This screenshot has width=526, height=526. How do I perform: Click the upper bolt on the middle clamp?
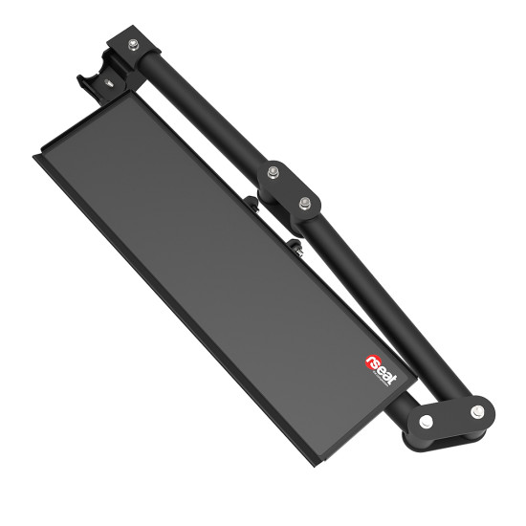pos(274,173)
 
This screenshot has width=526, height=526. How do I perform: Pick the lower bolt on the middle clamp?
pos(306,202)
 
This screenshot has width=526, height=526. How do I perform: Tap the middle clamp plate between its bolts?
pos(290,187)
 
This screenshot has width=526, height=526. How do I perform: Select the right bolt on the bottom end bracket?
pos(473,413)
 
